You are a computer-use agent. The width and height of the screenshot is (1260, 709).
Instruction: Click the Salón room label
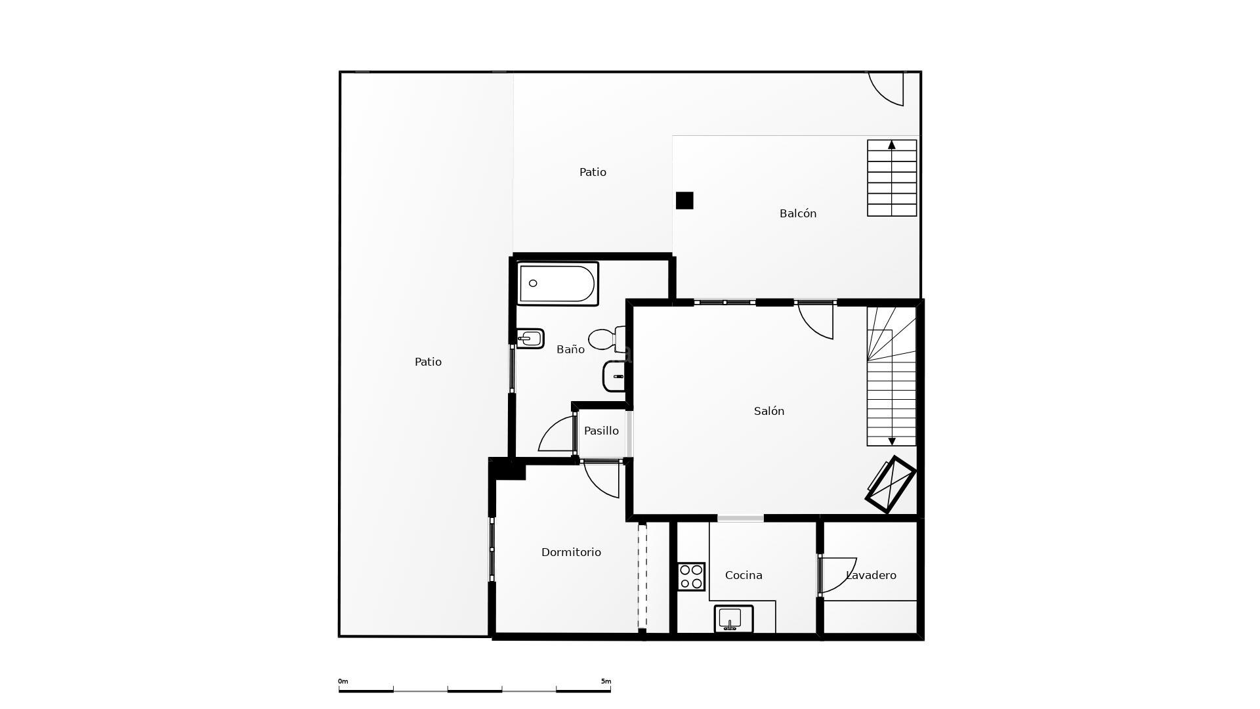(x=768, y=411)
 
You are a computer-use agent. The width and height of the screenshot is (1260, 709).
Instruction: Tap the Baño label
(x=570, y=349)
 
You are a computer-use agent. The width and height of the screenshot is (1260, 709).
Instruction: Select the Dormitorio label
(x=571, y=552)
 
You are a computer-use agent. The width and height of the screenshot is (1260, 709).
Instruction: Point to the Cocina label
(x=744, y=575)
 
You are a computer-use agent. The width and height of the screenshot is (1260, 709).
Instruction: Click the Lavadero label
(x=871, y=575)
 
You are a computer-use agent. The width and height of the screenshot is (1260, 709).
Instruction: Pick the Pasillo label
(x=601, y=431)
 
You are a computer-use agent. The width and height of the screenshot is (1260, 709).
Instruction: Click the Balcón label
(x=797, y=213)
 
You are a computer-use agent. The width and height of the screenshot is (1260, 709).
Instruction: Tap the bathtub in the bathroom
(x=557, y=284)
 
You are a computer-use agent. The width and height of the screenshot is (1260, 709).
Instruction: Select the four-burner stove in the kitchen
(x=691, y=576)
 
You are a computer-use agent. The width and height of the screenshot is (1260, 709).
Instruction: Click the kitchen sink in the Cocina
(x=733, y=619)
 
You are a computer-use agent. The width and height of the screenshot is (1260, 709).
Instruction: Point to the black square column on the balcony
(x=684, y=200)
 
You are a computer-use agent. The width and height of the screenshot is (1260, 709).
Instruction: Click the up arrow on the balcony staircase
(x=891, y=145)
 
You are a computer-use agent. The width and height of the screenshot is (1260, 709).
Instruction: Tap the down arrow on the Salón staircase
(x=891, y=441)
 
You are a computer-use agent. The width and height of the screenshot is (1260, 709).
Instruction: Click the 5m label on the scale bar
(x=606, y=681)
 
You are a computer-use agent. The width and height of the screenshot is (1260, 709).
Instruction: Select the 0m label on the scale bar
(x=343, y=681)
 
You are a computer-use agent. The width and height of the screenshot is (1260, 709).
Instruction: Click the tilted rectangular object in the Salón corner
(x=891, y=484)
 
